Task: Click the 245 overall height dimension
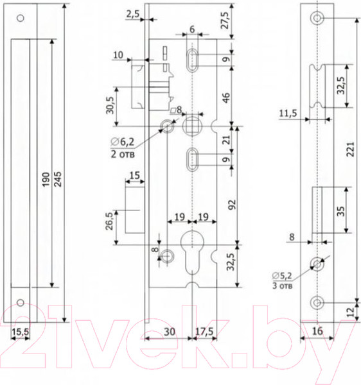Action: click(x=58, y=179)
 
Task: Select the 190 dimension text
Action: click(x=46, y=179)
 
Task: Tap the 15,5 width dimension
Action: click(x=21, y=332)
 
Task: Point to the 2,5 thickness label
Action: click(x=133, y=15)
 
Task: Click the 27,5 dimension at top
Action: click(x=225, y=21)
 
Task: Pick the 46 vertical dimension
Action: click(x=226, y=98)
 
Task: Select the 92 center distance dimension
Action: click(x=232, y=205)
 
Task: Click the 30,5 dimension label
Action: click(x=110, y=105)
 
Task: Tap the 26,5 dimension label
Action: click(x=110, y=221)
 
